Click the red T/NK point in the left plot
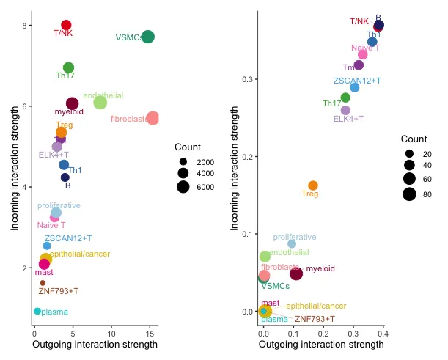[66, 25]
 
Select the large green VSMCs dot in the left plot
[148, 37]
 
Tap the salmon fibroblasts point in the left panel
[153, 118]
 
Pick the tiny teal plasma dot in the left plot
[37, 312]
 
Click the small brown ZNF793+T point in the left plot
[43, 283]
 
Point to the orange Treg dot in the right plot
[313, 185]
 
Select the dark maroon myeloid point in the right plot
[296, 273]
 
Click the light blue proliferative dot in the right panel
[292, 243]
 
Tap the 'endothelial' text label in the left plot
[103, 96]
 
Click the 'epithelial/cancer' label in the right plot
[316, 306]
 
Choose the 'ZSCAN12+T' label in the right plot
[357, 80]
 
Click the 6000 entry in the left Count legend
[183, 187]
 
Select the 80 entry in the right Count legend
[409, 194]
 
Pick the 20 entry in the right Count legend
[409, 154]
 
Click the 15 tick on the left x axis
[150, 334]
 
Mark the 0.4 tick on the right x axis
[382, 334]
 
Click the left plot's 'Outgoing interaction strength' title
[95, 345]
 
